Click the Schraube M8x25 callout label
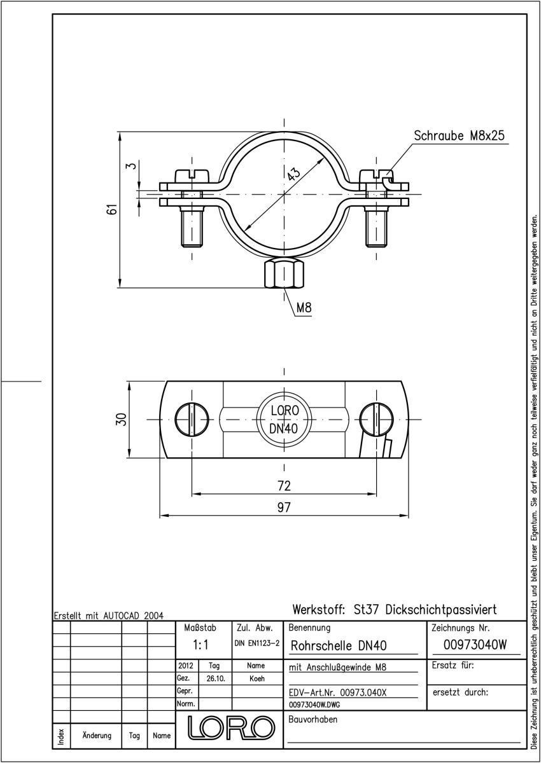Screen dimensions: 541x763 [x=459, y=135]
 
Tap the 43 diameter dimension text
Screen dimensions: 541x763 [x=293, y=174]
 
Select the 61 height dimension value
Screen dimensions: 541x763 [x=113, y=209]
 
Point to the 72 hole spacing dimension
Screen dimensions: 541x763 [x=284, y=485]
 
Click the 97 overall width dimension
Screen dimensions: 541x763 [x=284, y=507]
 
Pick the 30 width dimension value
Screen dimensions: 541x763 [x=122, y=419]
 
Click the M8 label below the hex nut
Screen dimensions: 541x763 [x=304, y=308]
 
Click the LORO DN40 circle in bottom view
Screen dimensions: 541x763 [x=284, y=419]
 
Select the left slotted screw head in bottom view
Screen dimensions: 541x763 [x=192, y=419]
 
